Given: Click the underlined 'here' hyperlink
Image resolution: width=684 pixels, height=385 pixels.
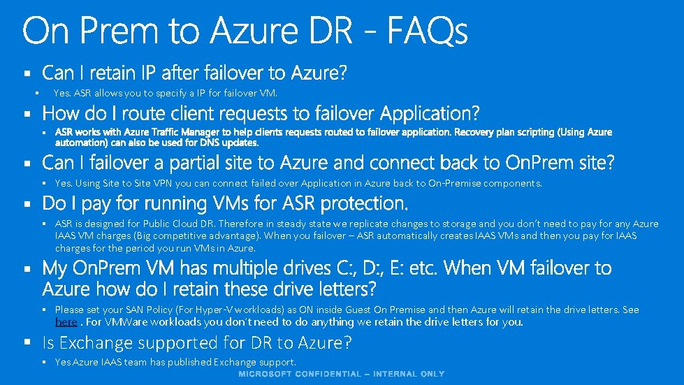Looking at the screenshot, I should [x=66, y=322].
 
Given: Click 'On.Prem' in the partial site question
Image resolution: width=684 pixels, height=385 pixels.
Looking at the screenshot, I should [x=535, y=163].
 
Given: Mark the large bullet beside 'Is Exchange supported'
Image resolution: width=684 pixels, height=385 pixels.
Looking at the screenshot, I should [x=27, y=343].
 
